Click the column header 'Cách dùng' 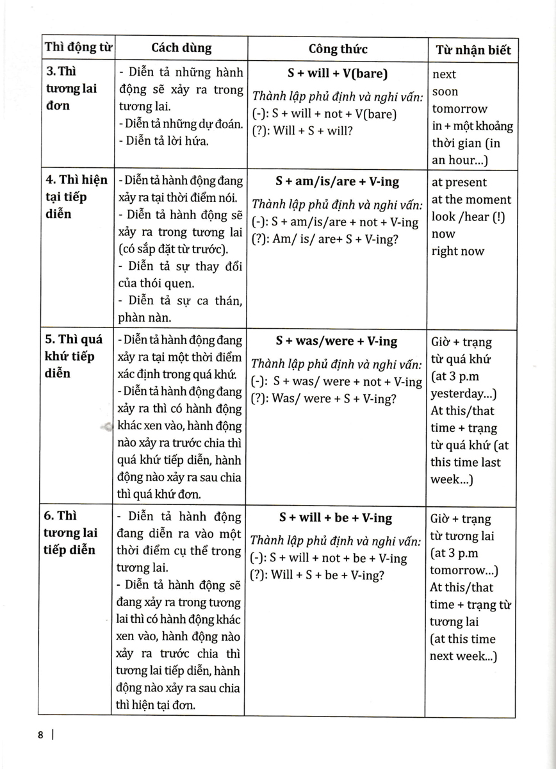pyautogui.click(x=181, y=48)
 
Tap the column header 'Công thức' pyautogui.click(x=338, y=49)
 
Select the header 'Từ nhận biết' pyautogui.click(x=473, y=50)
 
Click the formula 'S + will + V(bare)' pyautogui.click(x=338, y=74)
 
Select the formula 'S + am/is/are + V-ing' pyautogui.click(x=338, y=181)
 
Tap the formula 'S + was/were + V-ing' pyautogui.click(x=337, y=341)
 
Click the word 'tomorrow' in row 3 pyautogui.click(x=459, y=109)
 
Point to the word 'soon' pyautogui.click(x=445, y=92)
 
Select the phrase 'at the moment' pyautogui.click(x=471, y=200)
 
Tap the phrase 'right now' pyautogui.click(x=457, y=251)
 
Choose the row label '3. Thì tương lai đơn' pyautogui.click(x=72, y=88)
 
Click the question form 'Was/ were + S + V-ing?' pyautogui.click(x=323, y=399)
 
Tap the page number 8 pyautogui.click(x=40, y=736)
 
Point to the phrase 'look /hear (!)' pyautogui.click(x=468, y=217)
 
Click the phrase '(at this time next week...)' pyautogui.click(x=463, y=647)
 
